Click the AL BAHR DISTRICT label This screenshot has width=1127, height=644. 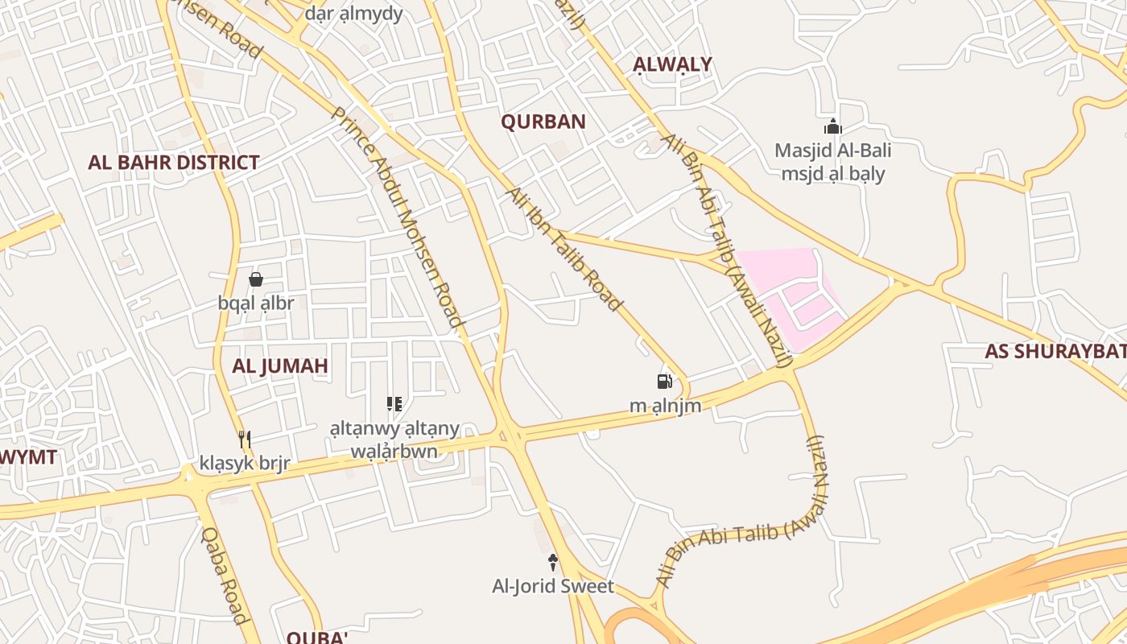click(173, 163)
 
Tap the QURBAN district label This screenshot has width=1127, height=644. click(543, 122)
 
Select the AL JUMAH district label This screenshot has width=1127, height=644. click(280, 366)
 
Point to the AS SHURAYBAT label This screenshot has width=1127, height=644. click(1055, 352)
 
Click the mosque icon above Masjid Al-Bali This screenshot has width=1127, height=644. click(832, 126)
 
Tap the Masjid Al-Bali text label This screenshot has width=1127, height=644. click(832, 151)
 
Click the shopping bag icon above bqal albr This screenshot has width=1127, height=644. click(256, 279)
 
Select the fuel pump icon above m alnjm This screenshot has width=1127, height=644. click(664, 382)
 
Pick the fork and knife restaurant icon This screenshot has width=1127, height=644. click(245, 440)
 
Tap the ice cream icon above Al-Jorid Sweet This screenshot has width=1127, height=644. click(553, 563)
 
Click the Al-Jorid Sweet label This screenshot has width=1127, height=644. click(553, 586)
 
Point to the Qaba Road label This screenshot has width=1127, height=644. click(224, 575)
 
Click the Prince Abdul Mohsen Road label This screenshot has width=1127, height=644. click(398, 217)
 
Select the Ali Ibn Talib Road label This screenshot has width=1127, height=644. click(563, 249)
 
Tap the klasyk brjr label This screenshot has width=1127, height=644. click(245, 464)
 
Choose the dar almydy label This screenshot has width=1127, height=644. click(353, 14)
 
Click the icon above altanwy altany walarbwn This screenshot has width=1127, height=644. click(394, 404)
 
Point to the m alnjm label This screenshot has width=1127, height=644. click(665, 406)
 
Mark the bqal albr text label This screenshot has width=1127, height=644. click(256, 303)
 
